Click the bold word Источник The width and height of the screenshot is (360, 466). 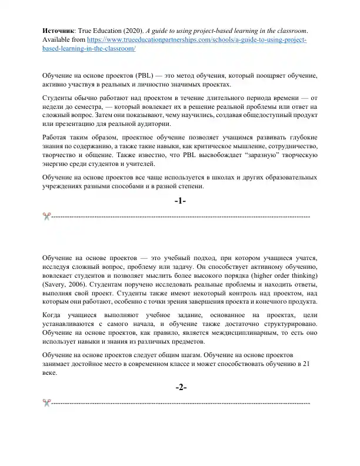pos(59,31)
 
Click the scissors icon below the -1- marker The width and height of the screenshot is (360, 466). pos(46,217)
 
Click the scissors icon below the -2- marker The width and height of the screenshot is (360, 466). pos(46,402)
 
